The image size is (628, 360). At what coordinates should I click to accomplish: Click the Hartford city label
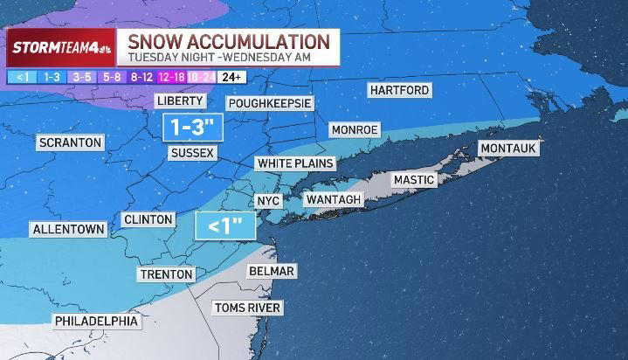point(399,91)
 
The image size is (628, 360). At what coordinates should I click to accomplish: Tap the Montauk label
point(508,149)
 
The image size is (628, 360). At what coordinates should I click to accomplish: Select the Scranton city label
point(70,142)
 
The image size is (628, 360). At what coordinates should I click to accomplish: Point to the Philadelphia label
point(96,321)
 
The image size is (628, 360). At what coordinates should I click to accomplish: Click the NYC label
point(268,201)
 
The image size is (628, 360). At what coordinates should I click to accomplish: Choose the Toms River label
point(248,308)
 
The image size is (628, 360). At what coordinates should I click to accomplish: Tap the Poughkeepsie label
point(270,103)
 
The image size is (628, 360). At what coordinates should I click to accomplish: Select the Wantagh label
point(332,200)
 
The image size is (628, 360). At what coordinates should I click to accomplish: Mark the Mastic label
point(413,180)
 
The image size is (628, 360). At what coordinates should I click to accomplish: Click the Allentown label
point(68,230)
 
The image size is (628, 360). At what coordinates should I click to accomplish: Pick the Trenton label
point(166,274)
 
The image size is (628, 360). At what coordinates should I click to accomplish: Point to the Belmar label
point(271,271)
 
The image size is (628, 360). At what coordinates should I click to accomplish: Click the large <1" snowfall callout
point(224,226)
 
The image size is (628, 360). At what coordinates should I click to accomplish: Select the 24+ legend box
point(231,77)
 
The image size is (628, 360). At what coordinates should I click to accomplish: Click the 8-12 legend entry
point(141,77)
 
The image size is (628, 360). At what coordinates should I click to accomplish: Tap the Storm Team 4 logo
point(60,47)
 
